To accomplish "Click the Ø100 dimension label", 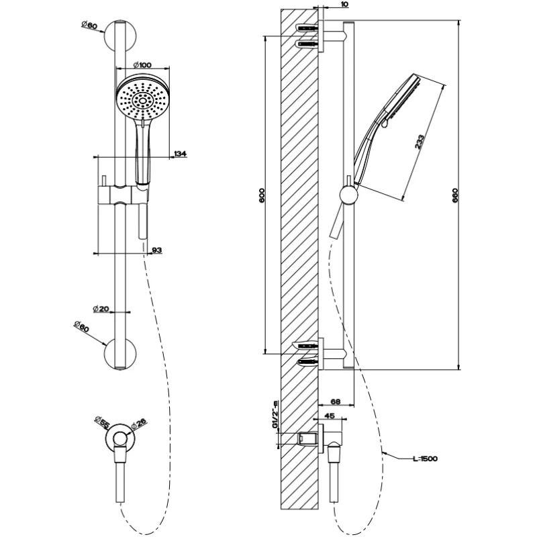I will click(x=142, y=64).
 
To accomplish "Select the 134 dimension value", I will click(x=180, y=154).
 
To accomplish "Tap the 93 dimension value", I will click(x=156, y=250).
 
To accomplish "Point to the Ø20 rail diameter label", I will click(x=101, y=309).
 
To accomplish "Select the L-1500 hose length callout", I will click(x=425, y=458).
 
